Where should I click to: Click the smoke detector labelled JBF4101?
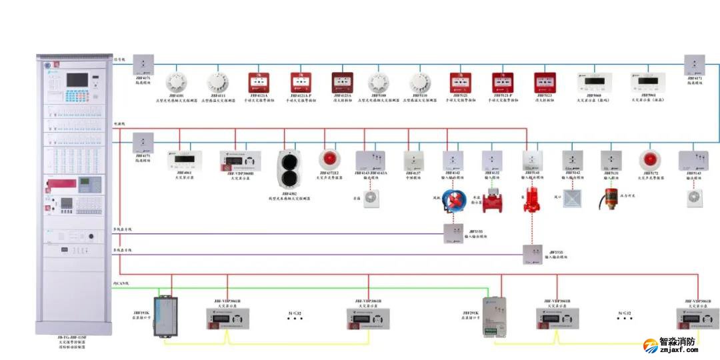click(x=176, y=82)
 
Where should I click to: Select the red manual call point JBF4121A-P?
click(x=301, y=82)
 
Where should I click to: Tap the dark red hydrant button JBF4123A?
click(x=342, y=82)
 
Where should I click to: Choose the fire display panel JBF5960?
click(x=593, y=81)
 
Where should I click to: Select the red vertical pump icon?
click(x=531, y=198)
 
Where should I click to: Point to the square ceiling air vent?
click(x=573, y=198)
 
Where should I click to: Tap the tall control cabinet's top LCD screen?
click(x=77, y=79)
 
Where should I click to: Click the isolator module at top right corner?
click(x=695, y=65)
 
